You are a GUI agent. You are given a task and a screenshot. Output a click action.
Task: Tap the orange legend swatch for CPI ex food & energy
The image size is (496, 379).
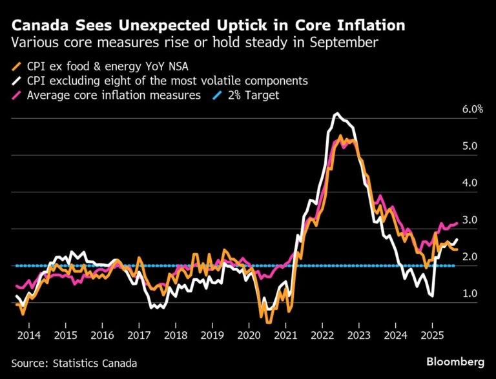pyautogui.click(x=16, y=66)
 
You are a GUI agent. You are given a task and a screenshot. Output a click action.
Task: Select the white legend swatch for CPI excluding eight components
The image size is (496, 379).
pyautogui.click(x=16, y=81)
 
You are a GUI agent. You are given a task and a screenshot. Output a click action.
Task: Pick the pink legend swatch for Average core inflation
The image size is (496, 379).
pyautogui.click(x=16, y=96)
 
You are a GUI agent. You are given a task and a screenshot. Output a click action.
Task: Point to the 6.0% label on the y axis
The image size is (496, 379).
pyautogui.click(x=472, y=109)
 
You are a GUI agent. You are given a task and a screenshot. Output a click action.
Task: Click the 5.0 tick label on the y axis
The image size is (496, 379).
pyautogui.click(x=469, y=147)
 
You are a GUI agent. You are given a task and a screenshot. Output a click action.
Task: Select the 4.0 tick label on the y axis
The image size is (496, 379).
pyautogui.click(x=469, y=183)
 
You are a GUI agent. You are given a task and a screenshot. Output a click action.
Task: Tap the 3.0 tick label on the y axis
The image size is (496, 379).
pyautogui.click(x=469, y=220)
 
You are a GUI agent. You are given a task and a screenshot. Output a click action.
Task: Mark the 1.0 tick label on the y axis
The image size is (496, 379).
pyautogui.click(x=469, y=294)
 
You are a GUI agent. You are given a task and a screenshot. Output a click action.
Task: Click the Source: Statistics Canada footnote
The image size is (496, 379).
pyautogui.click(x=74, y=363)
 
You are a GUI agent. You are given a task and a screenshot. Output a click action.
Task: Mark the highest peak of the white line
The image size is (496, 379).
pyautogui.click(x=336, y=114)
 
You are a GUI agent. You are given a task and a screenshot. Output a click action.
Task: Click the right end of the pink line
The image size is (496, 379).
pyautogui.click(x=457, y=223)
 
